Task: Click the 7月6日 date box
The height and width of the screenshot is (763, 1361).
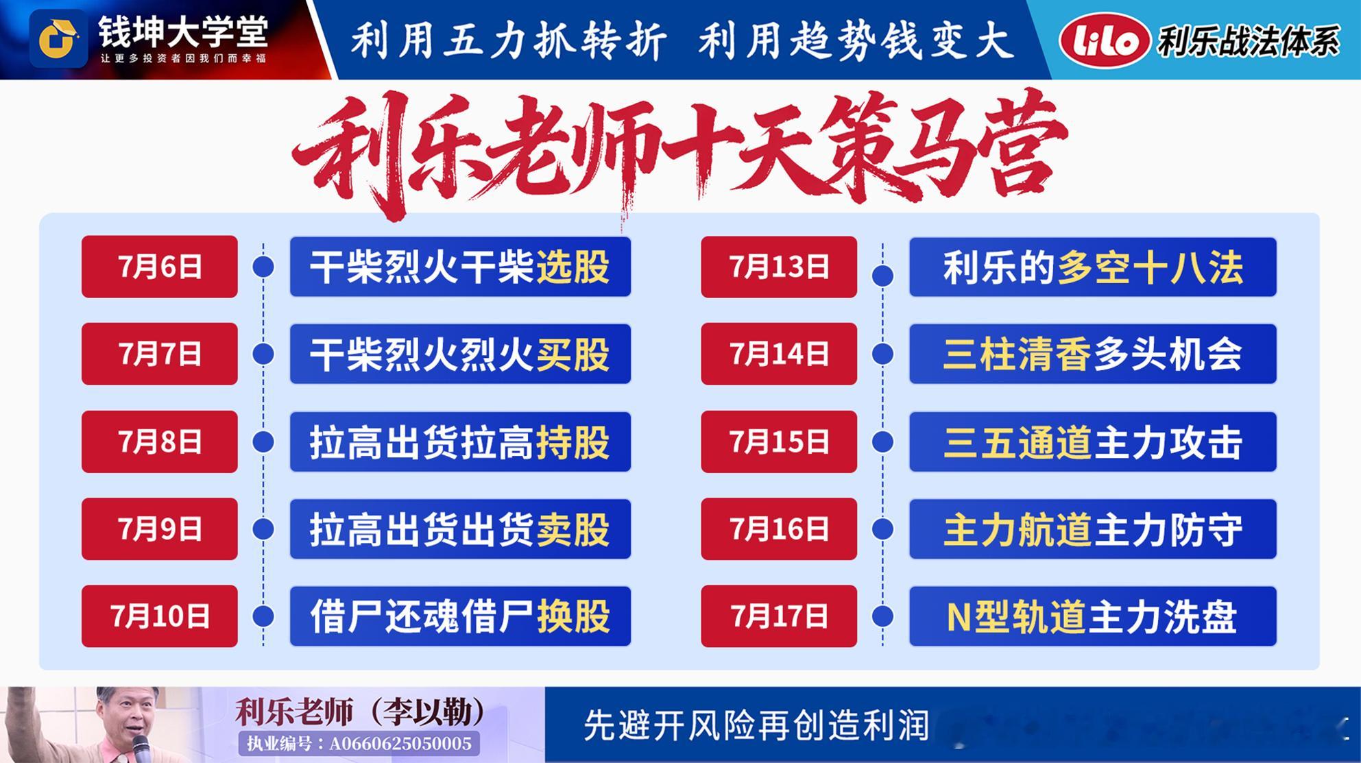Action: pyautogui.click(x=160, y=267)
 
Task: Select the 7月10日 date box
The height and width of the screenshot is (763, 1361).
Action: pyautogui.click(x=160, y=616)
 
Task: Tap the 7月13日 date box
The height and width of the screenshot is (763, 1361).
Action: pyautogui.click(x=779, y=267)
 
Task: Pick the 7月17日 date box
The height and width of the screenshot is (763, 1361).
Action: pyautogui.click(x=779, y=616)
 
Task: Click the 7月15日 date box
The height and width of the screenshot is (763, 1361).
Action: pyautogui.click(x=779, y=441)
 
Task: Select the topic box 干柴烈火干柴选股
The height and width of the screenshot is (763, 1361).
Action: pyautogui.click(x=460, y=267)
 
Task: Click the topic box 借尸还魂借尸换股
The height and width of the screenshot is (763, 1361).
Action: pyautogui.click(x=460, y=616)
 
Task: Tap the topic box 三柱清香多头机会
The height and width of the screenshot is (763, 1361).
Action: pyautogui.click(x=1093, y=354)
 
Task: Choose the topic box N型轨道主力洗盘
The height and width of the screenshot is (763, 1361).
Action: pyautogui.click(x=1093, y=616)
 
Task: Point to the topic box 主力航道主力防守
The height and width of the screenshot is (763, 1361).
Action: pyautogui.click(x=1093, y=529)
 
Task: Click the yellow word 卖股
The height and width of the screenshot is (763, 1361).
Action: pyautogui.click(x=573, y=529)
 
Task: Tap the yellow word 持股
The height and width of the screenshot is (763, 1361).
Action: pyautogui.click(x=573, y=442)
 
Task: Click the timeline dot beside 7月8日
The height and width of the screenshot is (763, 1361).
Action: pyautogui.click(x=263, y=441)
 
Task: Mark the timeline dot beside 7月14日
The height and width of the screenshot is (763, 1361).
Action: pyautogui.click(x=882, y=354)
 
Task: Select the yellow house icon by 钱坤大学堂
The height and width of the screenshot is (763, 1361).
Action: pyautogui.click(x=58, y=39)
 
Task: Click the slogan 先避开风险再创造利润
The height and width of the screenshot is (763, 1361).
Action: pyautogui.click(x=756, y=725)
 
